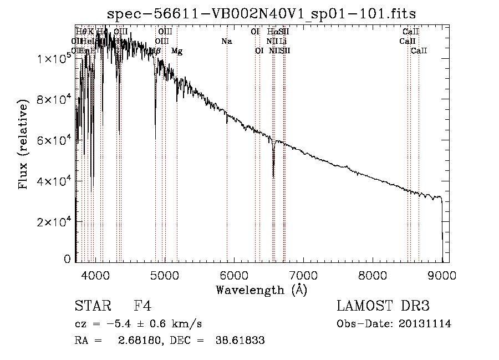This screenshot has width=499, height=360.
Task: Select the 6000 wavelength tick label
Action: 234,275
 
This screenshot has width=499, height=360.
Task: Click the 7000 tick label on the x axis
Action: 303,275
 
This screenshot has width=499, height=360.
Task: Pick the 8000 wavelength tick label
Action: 373,275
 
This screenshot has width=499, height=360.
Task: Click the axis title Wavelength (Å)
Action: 261,290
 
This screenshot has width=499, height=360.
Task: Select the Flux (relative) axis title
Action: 23,145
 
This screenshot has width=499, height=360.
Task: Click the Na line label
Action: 226,41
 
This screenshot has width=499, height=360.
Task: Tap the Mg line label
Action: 176,51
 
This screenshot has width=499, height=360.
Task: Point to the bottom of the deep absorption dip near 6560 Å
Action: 273,176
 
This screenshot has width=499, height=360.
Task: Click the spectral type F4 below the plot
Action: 142,307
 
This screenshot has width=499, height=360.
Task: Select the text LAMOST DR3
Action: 383,307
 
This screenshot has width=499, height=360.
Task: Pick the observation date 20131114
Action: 424,324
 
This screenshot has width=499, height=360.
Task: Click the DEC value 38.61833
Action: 240,341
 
